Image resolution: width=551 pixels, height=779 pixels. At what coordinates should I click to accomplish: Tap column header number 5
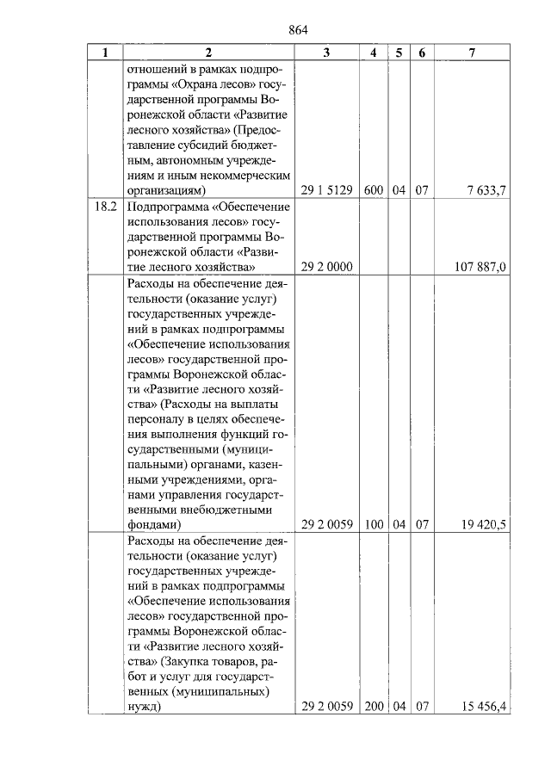point(399,53)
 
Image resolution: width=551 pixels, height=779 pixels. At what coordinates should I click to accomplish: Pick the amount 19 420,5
point(484,522)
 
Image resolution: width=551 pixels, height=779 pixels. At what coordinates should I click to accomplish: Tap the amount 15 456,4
point(484,707)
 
